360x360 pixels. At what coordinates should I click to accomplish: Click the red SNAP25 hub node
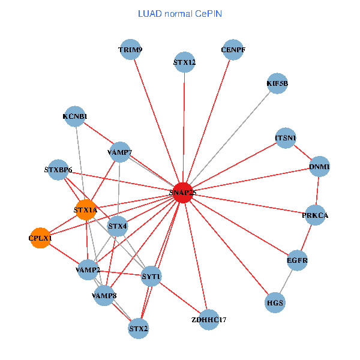coord(183,193)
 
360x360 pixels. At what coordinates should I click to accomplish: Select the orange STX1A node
coord(85,210)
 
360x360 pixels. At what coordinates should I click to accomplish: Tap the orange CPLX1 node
coord(40,238)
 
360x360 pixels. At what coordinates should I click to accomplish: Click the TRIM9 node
coord(130,49)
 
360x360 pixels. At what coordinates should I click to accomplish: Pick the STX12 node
coord(184,62)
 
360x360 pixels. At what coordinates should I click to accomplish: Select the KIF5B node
coord(277,83)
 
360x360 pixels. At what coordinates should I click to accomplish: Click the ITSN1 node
coord(286,138)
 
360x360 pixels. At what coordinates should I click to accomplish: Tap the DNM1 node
coord(320,166)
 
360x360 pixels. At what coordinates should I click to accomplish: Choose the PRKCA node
coord(315,215)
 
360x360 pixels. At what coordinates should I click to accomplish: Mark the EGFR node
coord(297,260)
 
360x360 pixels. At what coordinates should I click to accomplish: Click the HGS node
coord(275,302)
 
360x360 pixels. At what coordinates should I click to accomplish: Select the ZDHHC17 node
coord(208,319)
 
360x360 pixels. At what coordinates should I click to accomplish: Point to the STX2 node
coord(139,328)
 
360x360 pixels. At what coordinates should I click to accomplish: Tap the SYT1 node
coord(151,277)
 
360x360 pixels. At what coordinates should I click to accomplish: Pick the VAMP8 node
coord(104,296)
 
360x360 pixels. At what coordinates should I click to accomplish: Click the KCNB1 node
coord(75,116)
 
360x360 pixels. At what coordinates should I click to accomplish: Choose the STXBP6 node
coord(58,170)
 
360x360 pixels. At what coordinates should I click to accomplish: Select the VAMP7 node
coord(120,152)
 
